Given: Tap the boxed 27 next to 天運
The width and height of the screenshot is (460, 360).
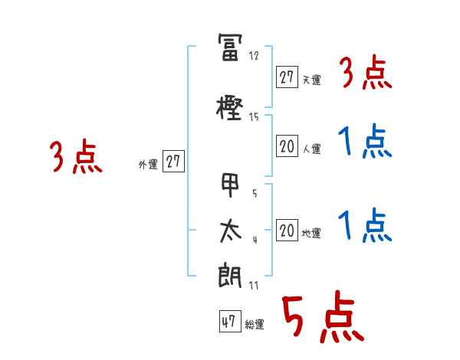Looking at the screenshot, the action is click(287, 77).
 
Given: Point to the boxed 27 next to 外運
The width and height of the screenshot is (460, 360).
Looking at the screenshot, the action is click(173, 162).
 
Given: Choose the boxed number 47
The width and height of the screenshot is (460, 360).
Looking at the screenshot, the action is click(228, 322).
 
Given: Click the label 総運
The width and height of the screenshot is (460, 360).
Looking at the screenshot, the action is click(255, 325).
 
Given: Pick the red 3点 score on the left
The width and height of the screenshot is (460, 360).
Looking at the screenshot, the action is click(76, 157).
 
